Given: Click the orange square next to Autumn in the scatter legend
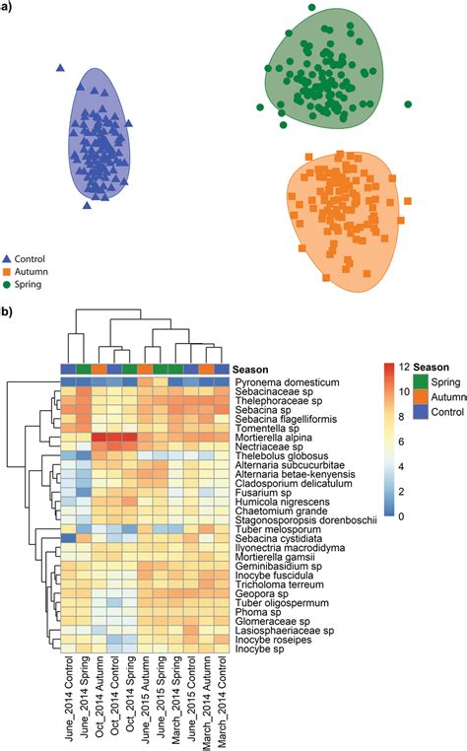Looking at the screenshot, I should [x=8, y=269].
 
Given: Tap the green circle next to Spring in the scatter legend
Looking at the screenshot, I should [x=8, y=283].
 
